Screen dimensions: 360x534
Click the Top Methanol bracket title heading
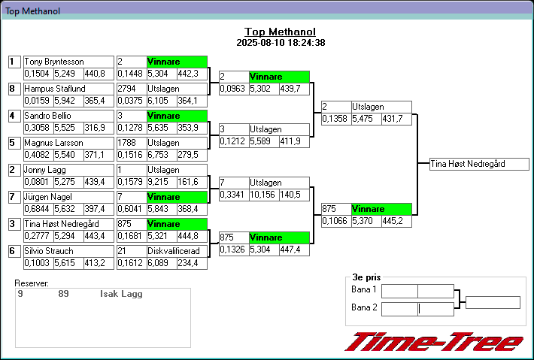[x=280, y=32]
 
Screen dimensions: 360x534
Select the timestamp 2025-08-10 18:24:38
[x=280, y=43]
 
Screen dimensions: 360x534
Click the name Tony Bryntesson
[x=54, y=62]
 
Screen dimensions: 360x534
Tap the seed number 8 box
[x=13, y=89]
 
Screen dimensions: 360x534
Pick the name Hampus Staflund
[x=54, y=89]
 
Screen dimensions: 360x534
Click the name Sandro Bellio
[x=50, y=116]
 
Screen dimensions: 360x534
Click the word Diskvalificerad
[x=174, y=251]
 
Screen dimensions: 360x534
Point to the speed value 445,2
[x=393, y=221]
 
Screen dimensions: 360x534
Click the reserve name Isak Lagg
[x=121, y=294]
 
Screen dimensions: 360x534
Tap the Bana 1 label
[x=364, y=289]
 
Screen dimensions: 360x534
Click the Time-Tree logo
[x=434, y=342]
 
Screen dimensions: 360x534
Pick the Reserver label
[x=32, y=283]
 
